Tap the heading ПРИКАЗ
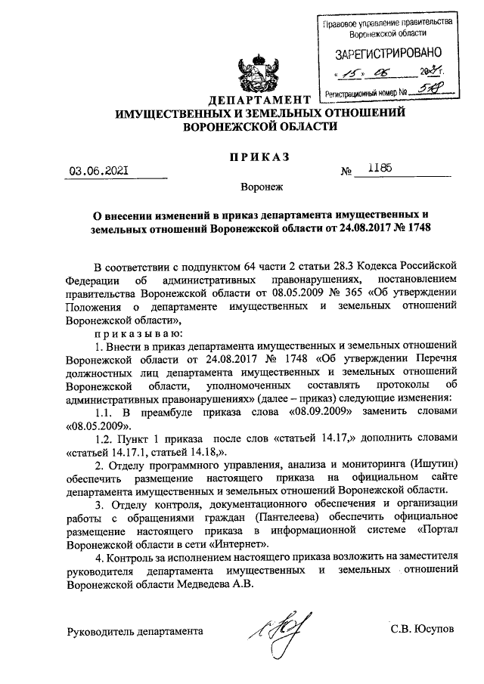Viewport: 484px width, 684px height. pyautogui.click(x=261, y=156)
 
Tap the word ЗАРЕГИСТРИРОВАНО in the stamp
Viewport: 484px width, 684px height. pyautogui.click(x=386, y=54)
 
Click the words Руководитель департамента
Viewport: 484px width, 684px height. pyautogui.click(x=135, y=630)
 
